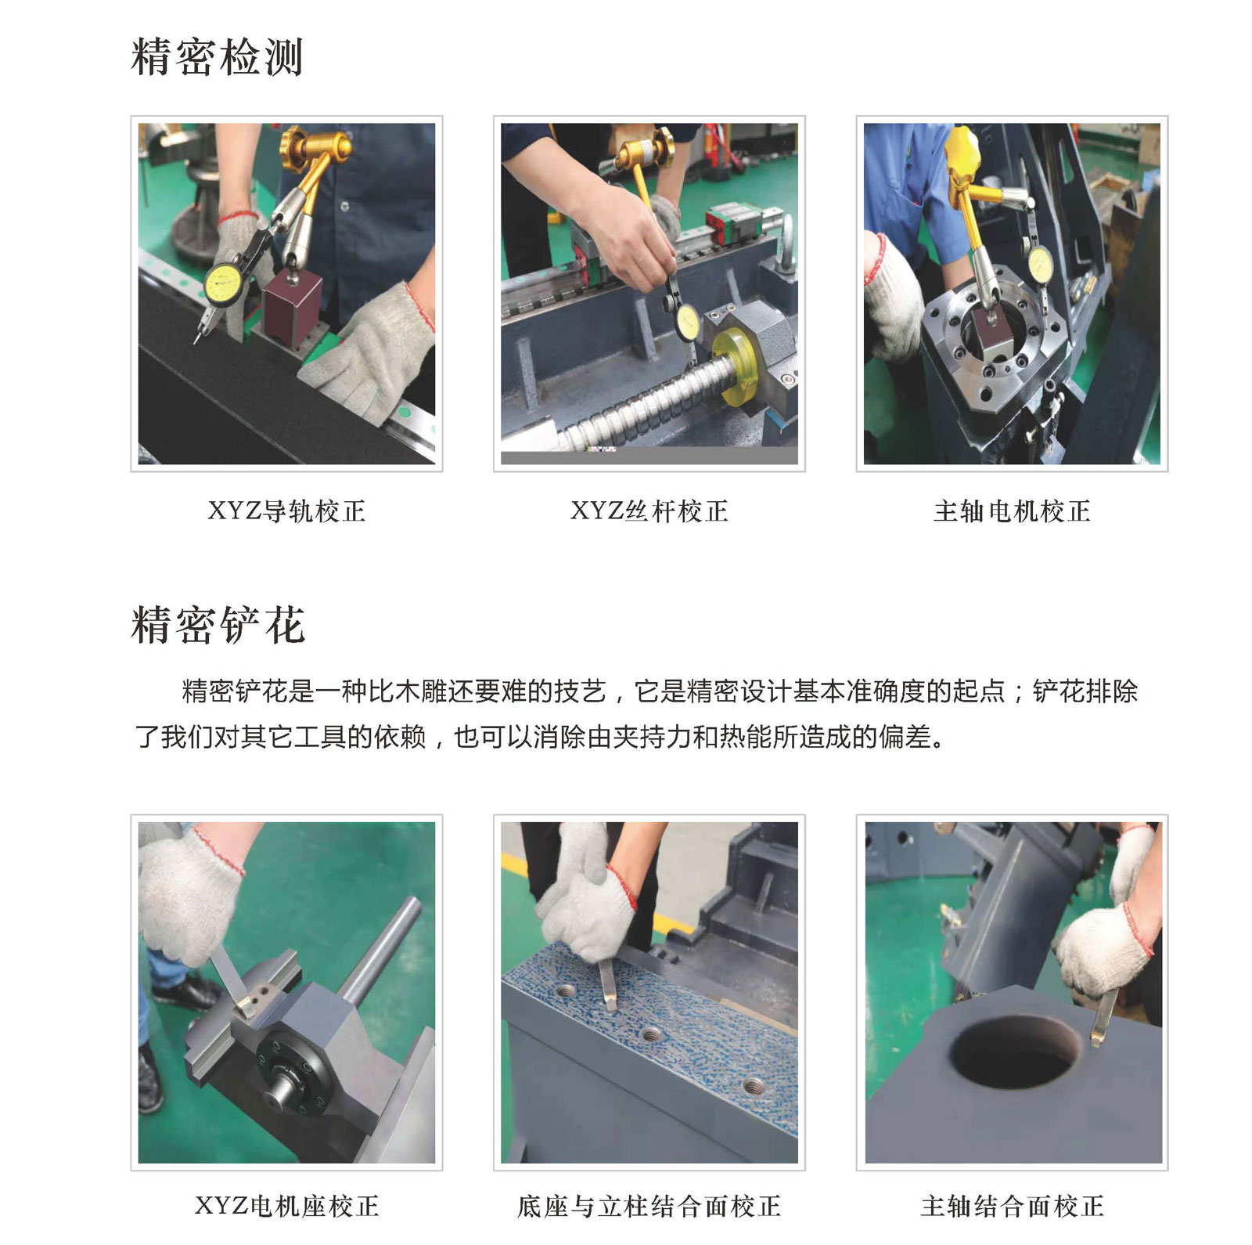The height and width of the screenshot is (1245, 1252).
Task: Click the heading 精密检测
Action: tap(217, 56)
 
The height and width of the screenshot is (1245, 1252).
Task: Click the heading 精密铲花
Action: tap(218, 624)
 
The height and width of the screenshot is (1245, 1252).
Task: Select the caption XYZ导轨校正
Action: tap(286, 511)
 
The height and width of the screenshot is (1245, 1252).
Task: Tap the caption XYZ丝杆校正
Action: tap(649, 511)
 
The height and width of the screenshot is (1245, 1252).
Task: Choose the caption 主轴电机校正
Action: tap(1012, 511)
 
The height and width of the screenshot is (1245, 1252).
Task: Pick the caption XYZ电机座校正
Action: tap(286, 1206)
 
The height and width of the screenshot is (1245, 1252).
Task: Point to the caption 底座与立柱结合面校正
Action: tap(649, 1206)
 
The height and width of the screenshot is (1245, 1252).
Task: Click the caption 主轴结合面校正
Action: tap(1012, 1206)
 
